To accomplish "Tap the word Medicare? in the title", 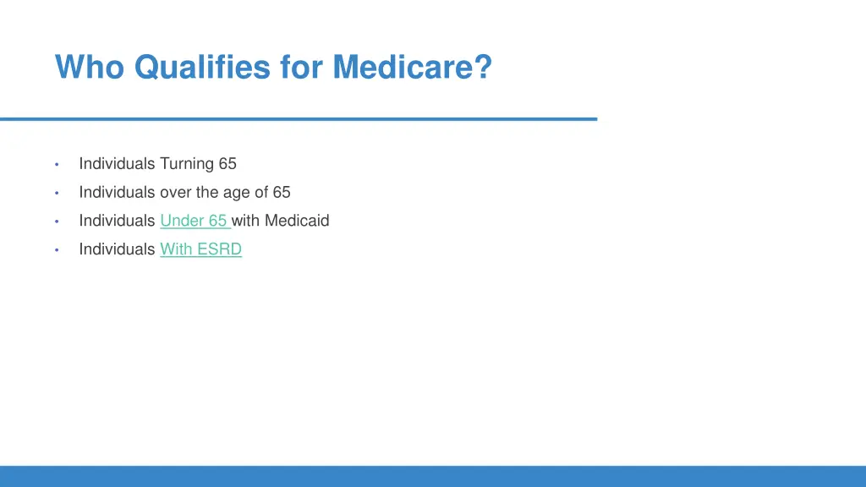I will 412,67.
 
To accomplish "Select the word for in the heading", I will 302,67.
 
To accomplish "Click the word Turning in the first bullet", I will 187,163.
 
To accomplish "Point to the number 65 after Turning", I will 227,163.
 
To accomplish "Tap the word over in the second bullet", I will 175,192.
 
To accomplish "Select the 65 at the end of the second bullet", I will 282,192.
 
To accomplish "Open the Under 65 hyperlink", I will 194,221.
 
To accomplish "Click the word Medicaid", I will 297,221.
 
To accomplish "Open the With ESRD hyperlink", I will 200,249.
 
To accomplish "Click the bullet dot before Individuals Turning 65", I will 56,164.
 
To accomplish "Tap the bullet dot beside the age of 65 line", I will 56,193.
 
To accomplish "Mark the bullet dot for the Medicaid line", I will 56,222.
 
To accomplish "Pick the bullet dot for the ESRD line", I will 56,250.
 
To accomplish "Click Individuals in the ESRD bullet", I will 117,249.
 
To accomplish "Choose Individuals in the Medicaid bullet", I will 117,221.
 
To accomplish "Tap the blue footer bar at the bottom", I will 433,476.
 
